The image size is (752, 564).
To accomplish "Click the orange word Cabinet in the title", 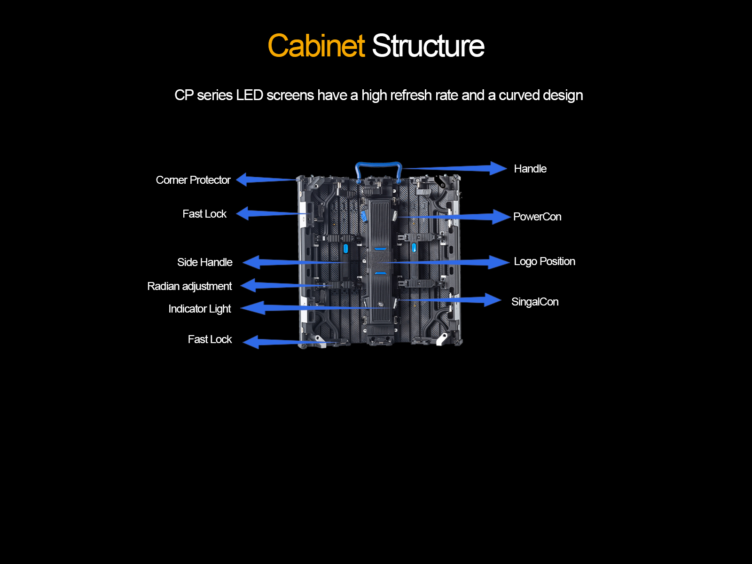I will pos(316,46).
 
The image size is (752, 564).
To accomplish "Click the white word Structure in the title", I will pos(428,46).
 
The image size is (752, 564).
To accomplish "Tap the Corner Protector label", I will pos(193,180).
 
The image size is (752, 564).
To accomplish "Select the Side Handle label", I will pos(204,262).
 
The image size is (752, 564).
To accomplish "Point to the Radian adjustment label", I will pos(189,286).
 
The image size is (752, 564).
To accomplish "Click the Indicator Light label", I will pos(200,309).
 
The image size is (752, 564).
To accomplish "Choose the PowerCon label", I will pos(537,217).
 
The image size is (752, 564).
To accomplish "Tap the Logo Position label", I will pos(544,261).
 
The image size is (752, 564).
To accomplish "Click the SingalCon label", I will pos(535,302).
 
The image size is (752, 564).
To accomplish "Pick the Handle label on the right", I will pos(530,169).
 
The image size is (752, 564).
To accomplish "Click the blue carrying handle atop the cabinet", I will pos(378,165).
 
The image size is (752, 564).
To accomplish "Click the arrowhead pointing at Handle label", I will pos(498,168).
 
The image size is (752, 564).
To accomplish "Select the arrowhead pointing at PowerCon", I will pos(501,217).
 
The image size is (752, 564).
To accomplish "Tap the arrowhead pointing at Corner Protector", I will pos(243,179).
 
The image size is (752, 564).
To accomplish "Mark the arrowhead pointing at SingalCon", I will pos(493,300).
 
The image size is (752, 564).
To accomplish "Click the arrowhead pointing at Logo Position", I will pos(499,262).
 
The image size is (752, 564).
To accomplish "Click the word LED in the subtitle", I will pos(249,95).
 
